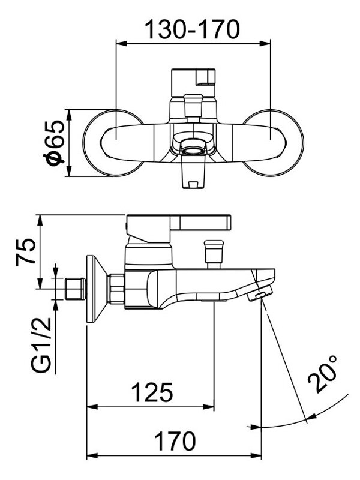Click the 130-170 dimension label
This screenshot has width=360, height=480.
pos(192,29)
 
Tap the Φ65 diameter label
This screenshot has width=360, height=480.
pos(54,143)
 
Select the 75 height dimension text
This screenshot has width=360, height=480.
pos(26,251)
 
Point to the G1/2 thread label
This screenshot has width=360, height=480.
pos(41,344)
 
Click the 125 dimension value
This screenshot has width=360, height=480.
pos(152,392)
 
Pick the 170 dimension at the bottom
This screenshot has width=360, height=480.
pos(175,441)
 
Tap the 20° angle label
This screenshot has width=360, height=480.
pos(322,374)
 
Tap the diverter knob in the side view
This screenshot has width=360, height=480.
pos(214,253)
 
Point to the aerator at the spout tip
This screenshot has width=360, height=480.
pos(260,293)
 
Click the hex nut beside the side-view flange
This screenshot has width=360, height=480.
pos(116,289)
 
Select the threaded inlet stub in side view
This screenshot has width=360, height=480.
pos(76,289)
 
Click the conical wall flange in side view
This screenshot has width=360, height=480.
pos(97,289)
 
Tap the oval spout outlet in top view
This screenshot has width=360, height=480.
pos(194,151)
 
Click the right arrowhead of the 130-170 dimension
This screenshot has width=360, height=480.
pos(265,43)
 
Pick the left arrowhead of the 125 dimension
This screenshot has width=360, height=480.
pos(92,407)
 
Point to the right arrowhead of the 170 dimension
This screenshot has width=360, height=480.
pos(256,455)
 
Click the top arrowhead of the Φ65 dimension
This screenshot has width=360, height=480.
pos(69,115)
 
